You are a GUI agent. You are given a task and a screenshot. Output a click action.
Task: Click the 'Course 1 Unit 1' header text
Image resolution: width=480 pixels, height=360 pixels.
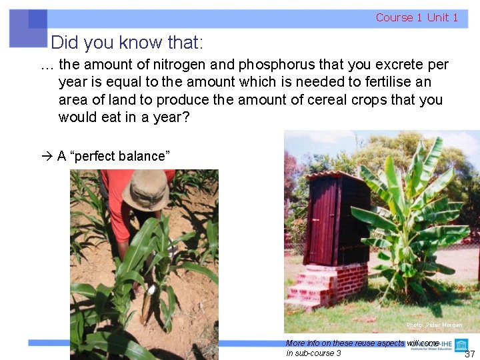pos(417,17)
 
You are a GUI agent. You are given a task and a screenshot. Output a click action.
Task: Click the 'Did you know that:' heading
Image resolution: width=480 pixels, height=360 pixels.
pos(127,43)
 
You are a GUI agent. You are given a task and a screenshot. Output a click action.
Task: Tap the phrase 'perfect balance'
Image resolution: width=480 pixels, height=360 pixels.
pos(119,156)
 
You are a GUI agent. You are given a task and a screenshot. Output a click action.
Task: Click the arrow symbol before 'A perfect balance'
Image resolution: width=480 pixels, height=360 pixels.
pos(46,156)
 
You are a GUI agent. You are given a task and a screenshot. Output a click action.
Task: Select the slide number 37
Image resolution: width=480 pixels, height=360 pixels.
pos(469,354)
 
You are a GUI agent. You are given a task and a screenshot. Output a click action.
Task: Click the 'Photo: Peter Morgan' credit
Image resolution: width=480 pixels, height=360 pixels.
pos(434,325)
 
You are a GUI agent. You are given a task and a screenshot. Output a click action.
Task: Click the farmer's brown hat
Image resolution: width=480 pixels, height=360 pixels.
pos(146,190)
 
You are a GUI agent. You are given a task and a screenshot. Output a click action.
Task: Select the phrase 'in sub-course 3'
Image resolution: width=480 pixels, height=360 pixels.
pos(313,353)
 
